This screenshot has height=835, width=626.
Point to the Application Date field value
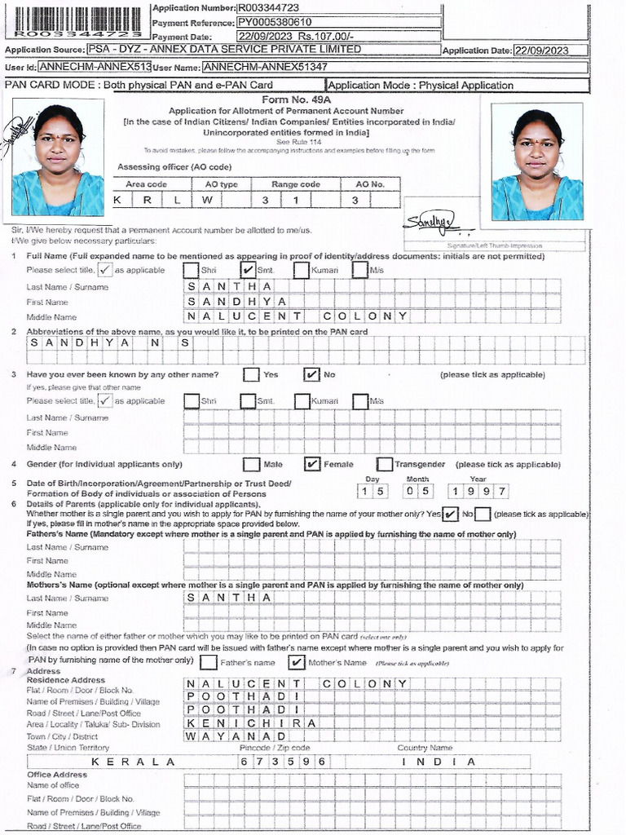[550, 50]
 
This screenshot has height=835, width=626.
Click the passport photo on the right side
[537, 166]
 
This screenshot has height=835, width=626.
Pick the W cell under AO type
[208, 200]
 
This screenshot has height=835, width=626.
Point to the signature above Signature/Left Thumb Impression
[429, 222]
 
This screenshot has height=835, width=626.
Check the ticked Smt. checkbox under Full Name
[249, 270]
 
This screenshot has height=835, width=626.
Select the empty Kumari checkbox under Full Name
[302, 270]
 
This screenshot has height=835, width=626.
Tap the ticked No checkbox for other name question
[311, 374]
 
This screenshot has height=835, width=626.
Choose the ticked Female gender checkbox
[311, 464]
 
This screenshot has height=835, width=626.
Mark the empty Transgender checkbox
[385, 464]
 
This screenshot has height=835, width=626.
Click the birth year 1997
[478, 491]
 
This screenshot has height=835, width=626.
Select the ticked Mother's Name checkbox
[297, 662]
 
